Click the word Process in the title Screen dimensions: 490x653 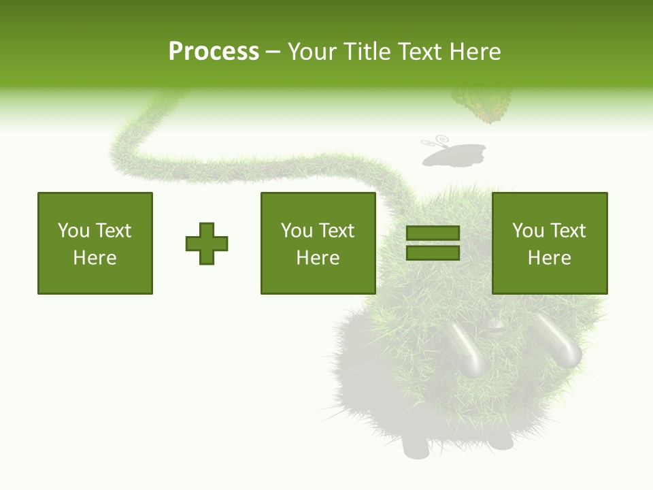click(214, 52)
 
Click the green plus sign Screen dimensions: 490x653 click(207, 243)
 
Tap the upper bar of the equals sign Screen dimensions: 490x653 click(433, 233)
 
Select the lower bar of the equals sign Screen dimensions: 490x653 click(433, 252)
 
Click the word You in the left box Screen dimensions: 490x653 click(73, 231)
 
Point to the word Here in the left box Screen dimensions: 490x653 click(95, 258)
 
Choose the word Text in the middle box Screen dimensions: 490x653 click(336, 231)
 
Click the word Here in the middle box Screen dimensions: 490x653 click(318, 258)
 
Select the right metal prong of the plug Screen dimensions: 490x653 click(556, 340)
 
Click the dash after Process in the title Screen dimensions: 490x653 click(273, 52)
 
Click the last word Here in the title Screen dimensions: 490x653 click(475, 52)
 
